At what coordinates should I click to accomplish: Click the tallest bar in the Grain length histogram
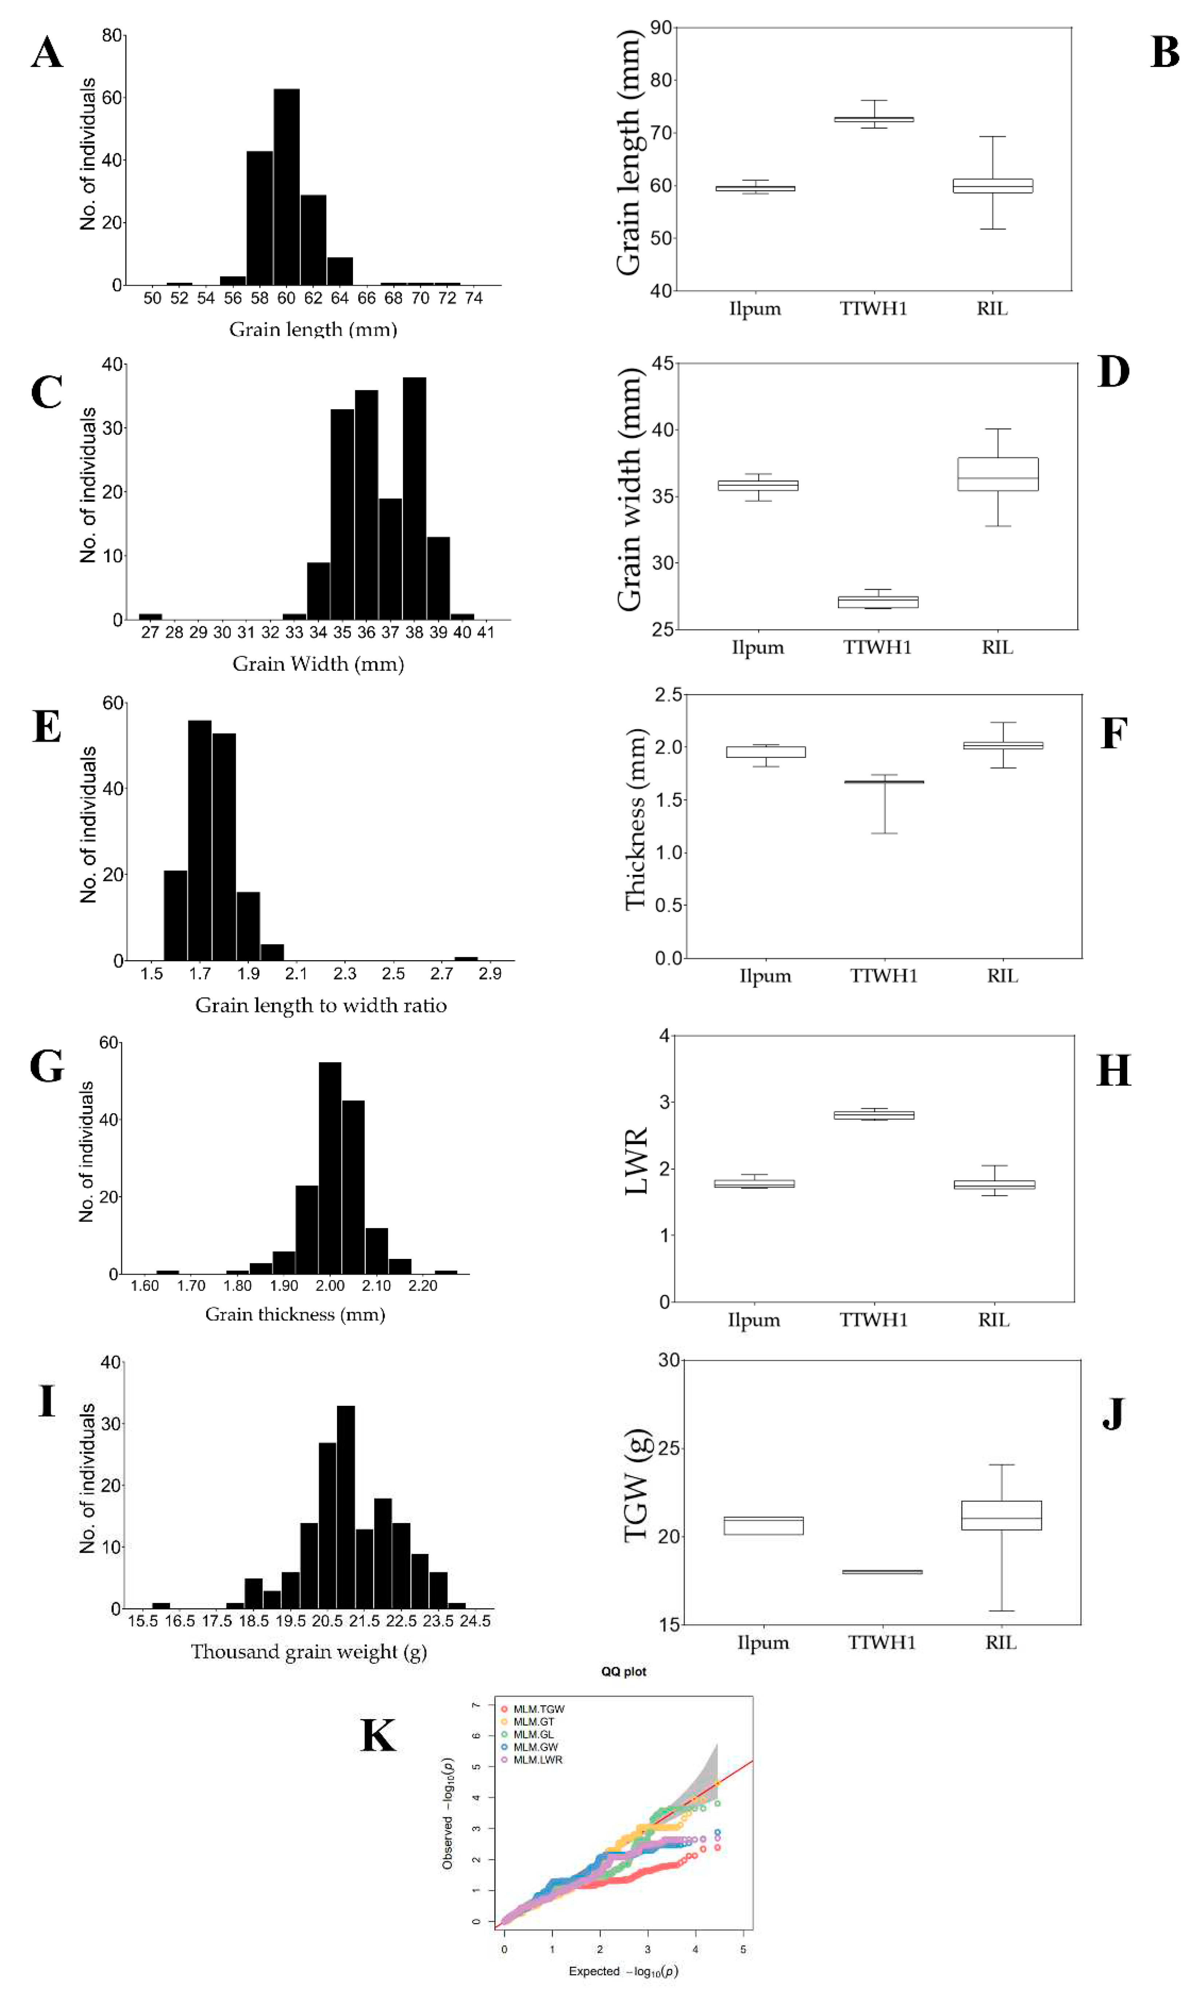(x=286, y=187)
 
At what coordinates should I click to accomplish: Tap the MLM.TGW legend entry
(x=538, y=1709)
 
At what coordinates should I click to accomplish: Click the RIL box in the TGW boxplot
(x=1001, y=1515)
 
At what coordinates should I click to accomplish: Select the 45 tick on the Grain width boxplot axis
(x=662, y=364)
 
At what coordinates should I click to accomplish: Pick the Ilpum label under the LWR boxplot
(x=754, y=1321)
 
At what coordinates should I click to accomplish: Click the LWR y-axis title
(x=637, y=1161)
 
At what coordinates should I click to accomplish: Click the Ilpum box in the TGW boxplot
(x=764, y=1526)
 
